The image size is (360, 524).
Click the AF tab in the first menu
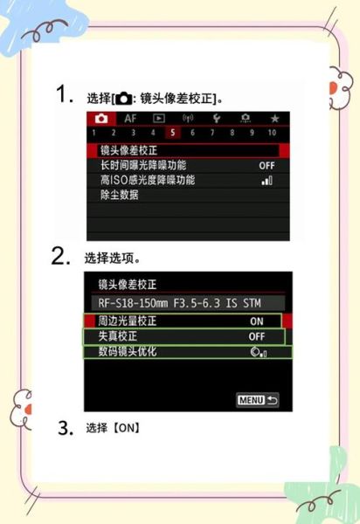tap(129, 118)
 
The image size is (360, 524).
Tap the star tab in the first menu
tap(273, 118)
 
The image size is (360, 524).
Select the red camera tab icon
tap(100, 118)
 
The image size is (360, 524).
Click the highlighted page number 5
tap(172, 133)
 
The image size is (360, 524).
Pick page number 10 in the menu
tap(272, 133)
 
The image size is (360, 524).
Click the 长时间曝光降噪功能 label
tap(143, 165)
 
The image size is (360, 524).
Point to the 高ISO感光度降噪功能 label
tap(148, 180)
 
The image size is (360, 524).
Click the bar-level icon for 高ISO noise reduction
tap(267, 180)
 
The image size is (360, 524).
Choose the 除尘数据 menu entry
tap(120, 195)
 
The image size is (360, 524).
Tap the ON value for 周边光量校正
tap(256, 321)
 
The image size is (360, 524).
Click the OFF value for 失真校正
tap(256, 336)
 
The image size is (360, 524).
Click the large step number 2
tap(60, 257)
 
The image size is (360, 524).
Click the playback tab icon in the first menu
tap(159, 118)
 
